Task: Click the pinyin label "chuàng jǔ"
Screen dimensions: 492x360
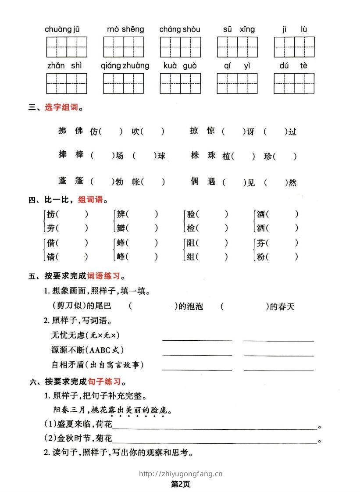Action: (62, 30)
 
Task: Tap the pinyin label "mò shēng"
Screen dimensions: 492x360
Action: (125, 29)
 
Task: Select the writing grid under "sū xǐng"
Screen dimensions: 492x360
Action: (237, 47)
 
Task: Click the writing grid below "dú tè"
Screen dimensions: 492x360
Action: (294, 83)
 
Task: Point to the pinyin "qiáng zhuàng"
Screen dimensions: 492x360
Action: (125, 66)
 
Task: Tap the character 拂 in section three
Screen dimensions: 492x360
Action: (62, 131)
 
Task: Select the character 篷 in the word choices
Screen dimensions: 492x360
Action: (78, 181)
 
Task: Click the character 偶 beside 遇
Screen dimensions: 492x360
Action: (195, 181)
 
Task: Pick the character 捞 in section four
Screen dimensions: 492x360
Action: (51, 214)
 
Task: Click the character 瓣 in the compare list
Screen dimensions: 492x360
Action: (121, 228)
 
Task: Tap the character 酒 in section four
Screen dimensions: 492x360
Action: (261, 214)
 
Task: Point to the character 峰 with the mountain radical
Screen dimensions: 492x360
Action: (121, 257)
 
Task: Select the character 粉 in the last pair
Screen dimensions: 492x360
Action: (261, 257)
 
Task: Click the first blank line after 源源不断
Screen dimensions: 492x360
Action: (197, 354)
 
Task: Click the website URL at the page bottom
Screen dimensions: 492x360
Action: (181, 474)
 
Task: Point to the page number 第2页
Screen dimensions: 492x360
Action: (180, 484)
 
